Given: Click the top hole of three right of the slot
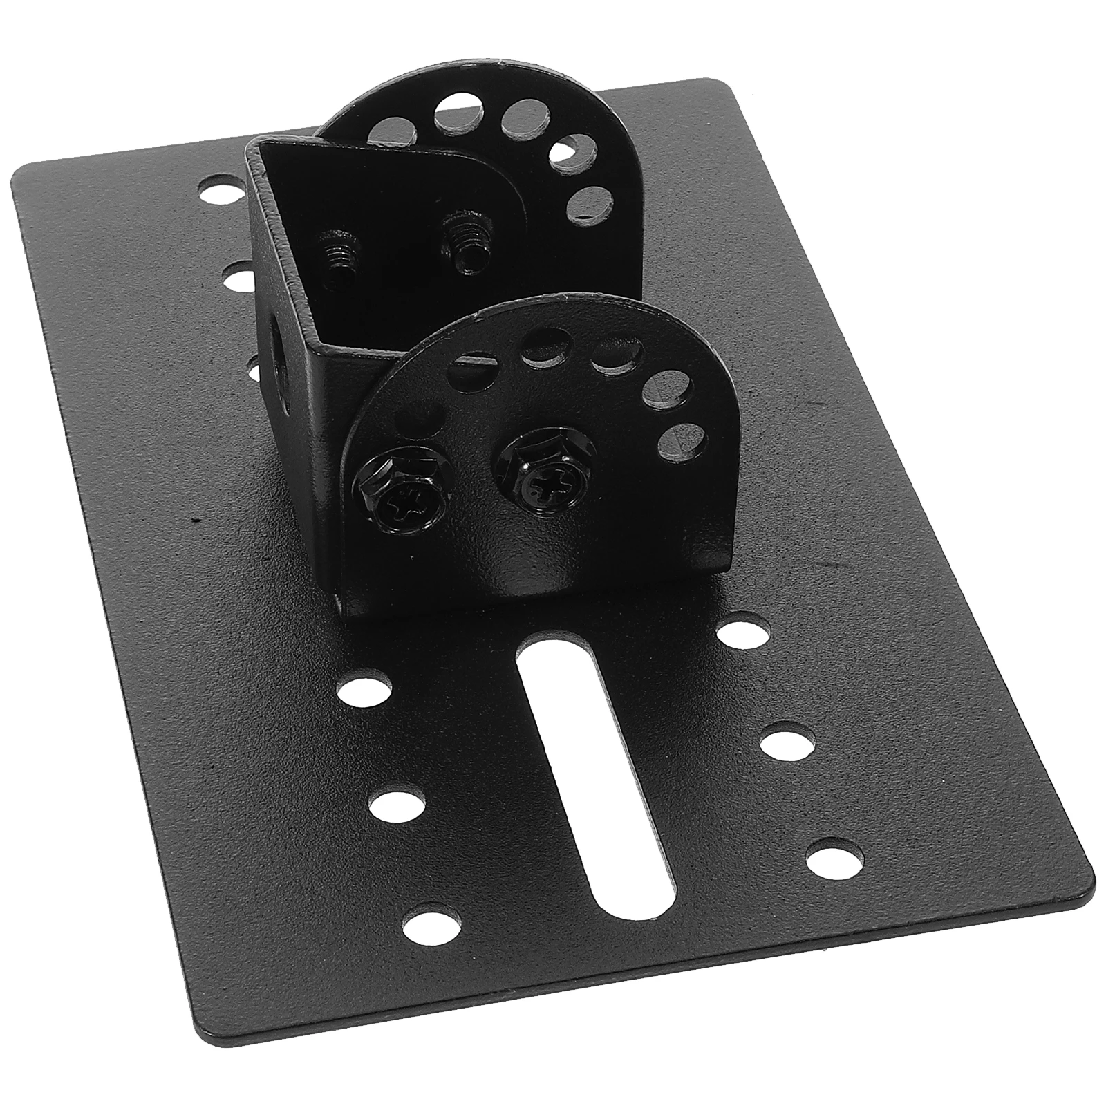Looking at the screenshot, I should pos(740,633).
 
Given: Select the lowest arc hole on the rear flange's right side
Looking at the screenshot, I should pos(592,200).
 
